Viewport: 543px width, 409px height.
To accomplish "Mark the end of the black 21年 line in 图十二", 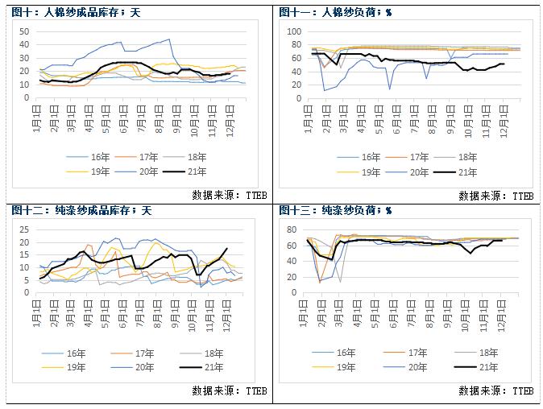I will pyautogui.click(x=227, y=249).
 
